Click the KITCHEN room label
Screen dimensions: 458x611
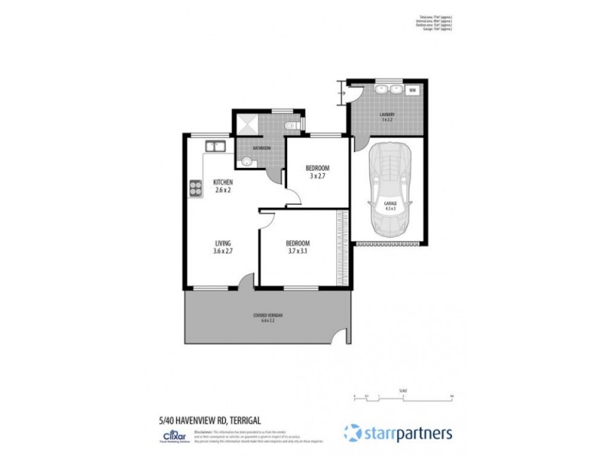(x=223, y=182)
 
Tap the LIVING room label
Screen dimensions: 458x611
(x=223, y=244)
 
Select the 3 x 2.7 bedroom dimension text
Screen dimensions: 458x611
(x=317, y=176)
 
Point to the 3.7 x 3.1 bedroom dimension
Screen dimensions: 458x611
(x=298, y=252)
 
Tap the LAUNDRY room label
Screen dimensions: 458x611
(x=387, y=115)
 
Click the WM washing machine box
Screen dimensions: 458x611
(x=412, y=90)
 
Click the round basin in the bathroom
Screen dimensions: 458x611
(x=246, y=161)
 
